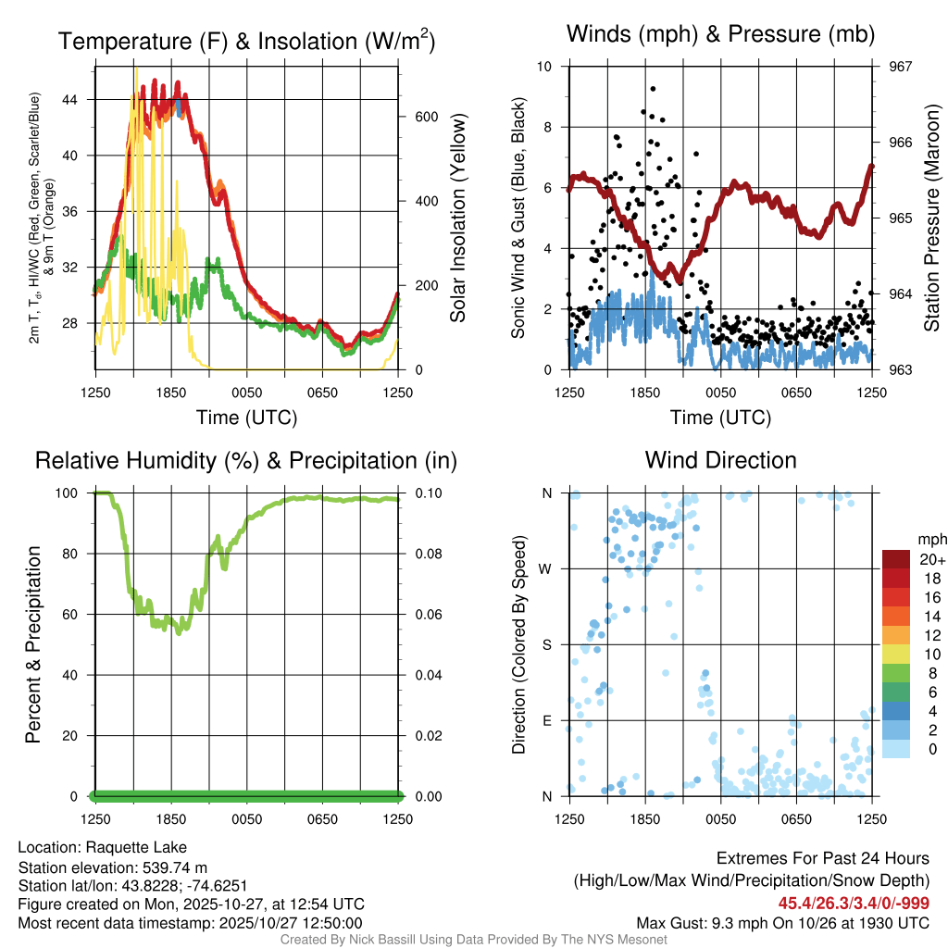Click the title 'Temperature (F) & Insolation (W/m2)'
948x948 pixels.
coord(246,41)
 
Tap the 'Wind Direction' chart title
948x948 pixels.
coord(720,460)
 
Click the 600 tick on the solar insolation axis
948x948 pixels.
coord(413,117)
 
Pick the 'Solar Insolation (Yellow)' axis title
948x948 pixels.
coord(457,218)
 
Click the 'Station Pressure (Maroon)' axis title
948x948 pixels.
coord(931,218)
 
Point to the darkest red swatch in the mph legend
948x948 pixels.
coord(896,559)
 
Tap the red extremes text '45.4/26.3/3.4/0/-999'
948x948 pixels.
coord(854,903)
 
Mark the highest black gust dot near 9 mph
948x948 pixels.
coord(653,88)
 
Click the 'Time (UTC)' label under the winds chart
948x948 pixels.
coord(720,418)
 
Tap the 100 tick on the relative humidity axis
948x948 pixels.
coord(77,493)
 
